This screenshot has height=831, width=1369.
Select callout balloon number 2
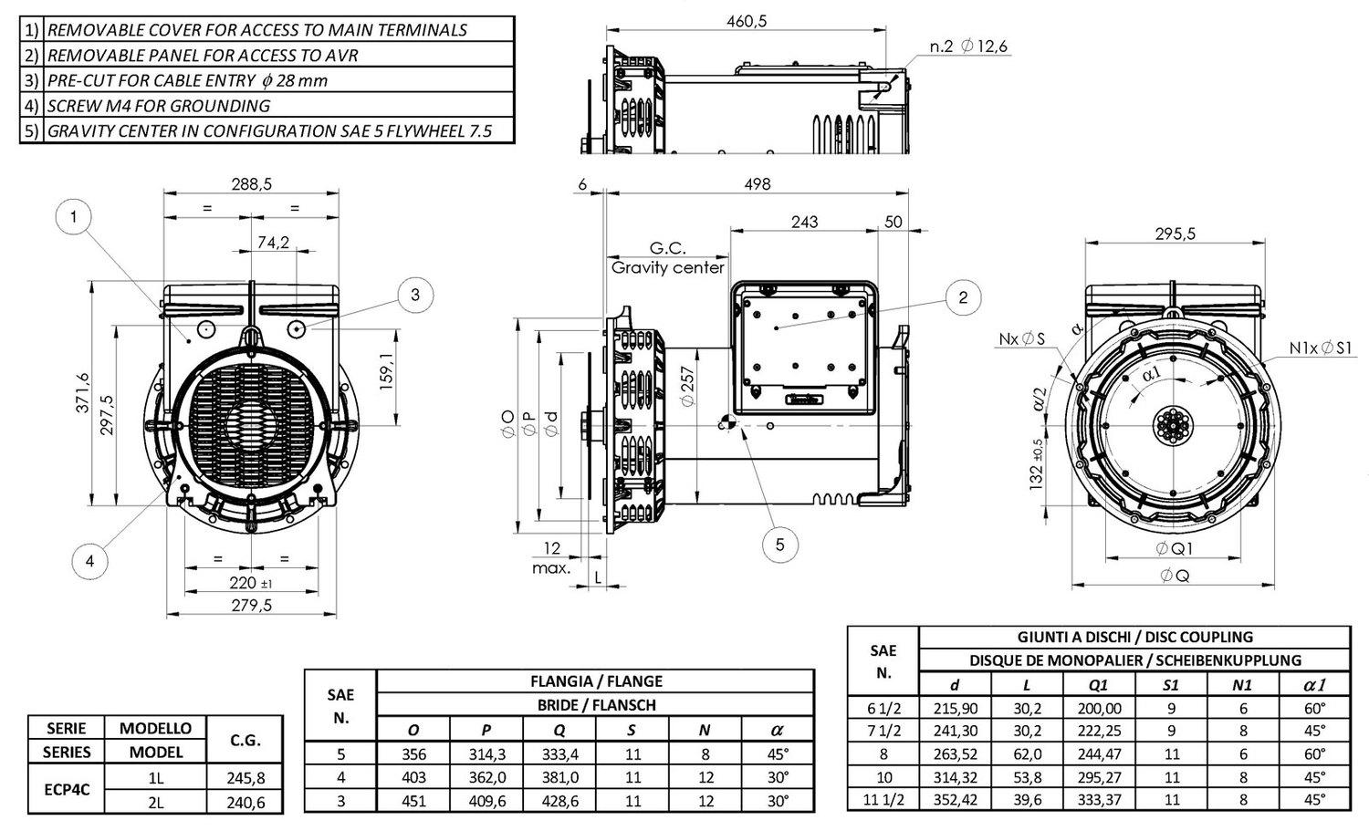[962, 296]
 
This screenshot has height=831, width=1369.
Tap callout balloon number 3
[414, 294]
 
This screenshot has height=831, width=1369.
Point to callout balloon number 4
[89, 561]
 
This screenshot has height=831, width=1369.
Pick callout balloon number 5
[779, 545]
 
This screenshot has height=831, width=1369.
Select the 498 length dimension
[757, 183]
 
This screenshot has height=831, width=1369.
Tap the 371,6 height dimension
[83, 390]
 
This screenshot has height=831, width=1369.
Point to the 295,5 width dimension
[1175, 234]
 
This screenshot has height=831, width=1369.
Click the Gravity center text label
[667, 267]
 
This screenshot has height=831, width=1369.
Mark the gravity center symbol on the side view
[726, 423]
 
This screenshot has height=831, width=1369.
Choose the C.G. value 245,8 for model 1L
[245, 777]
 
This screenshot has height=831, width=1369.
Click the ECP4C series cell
[68, 789]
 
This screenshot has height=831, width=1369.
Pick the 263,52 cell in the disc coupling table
[956, 753]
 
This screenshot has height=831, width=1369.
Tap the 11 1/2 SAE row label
[883, 800]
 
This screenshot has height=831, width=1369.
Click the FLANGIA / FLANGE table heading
[596, 680]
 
